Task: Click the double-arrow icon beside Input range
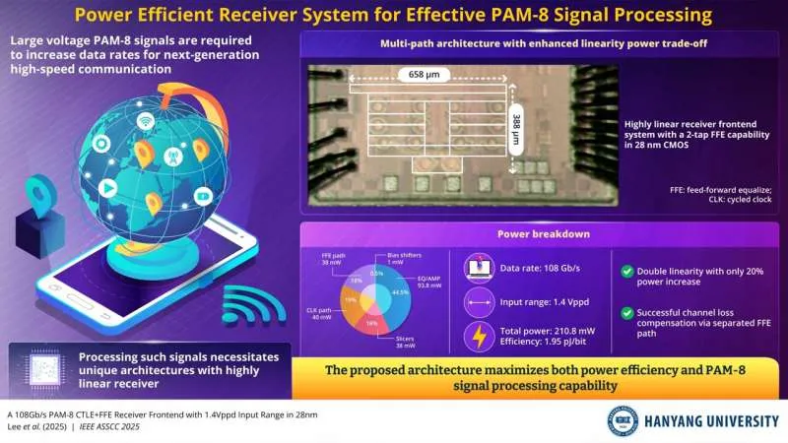pyautogui.click(x=478, y=303)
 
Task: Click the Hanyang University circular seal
pyautogui.click(x=623, y=420)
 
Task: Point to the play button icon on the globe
pyautogui.click(x=135, y=189)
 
